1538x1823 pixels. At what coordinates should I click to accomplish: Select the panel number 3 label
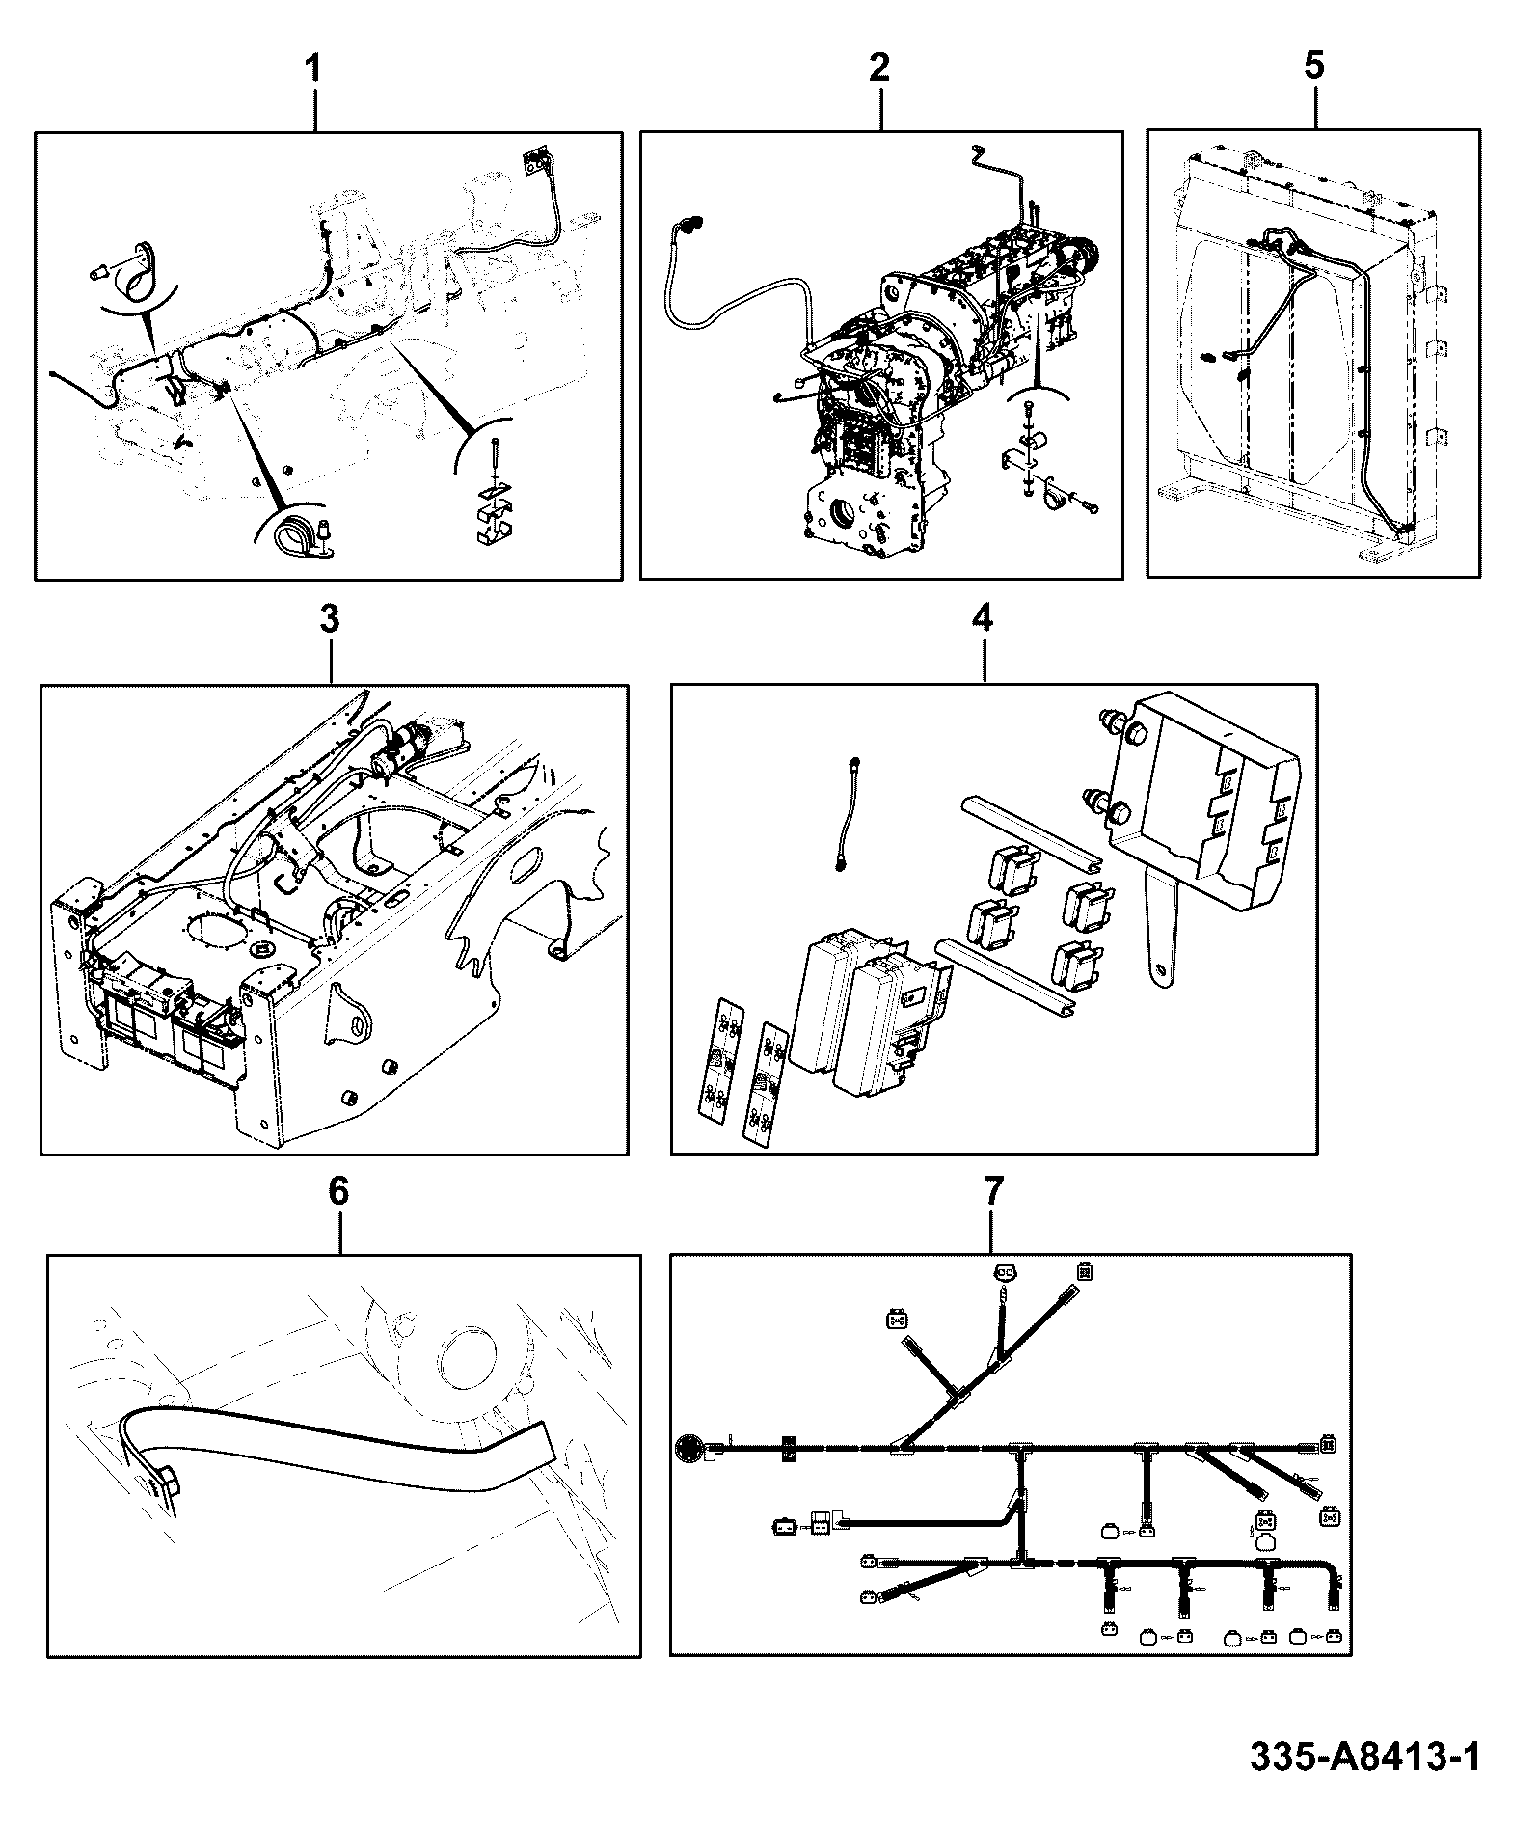click(329, 619)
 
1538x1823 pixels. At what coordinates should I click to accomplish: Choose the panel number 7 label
click(993, 1191)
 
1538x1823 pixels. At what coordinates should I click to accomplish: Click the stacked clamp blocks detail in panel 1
click(495, 516)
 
